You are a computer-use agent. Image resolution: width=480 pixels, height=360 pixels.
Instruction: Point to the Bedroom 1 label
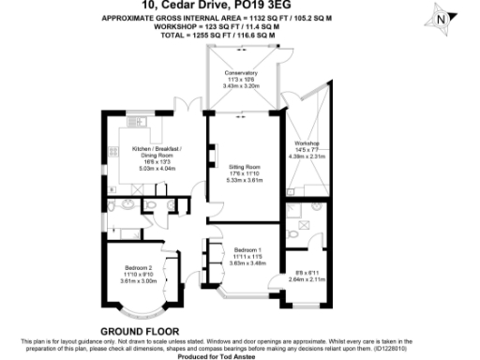point(247,248)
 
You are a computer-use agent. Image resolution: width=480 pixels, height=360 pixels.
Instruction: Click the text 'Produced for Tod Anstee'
point(240,354)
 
